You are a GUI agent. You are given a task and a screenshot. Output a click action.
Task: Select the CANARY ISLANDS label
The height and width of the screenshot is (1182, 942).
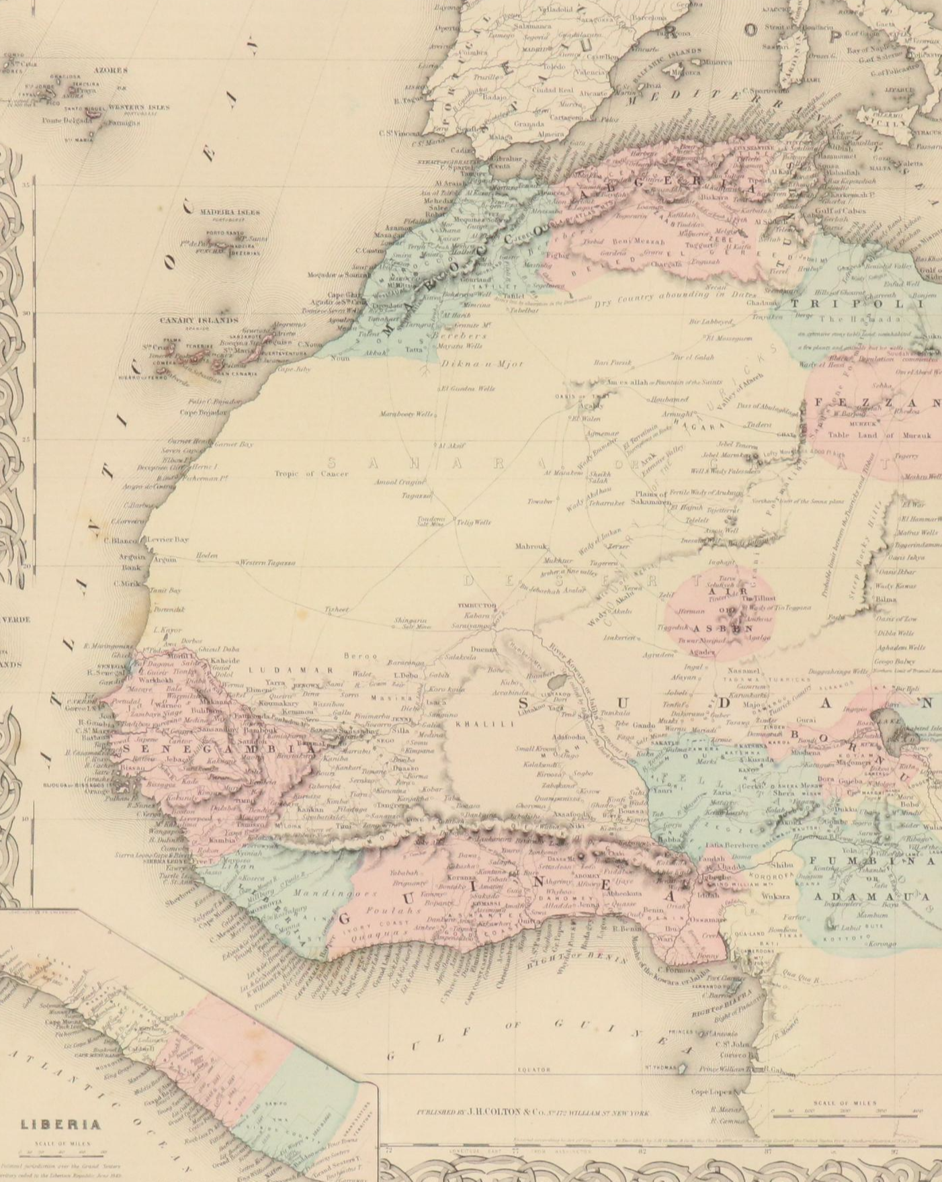[198, 321]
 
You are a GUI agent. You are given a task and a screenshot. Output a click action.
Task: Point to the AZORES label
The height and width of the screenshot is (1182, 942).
[110, 70]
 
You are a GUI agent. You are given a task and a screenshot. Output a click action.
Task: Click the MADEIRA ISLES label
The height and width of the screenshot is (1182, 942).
[230, 212]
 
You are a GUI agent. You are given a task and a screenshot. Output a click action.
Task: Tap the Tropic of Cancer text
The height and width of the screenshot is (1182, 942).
[311, 474]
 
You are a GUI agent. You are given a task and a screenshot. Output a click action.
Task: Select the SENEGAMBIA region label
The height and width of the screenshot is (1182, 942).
[215, 749]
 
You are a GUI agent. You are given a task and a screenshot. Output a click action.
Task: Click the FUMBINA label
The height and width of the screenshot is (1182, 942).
[871, 861]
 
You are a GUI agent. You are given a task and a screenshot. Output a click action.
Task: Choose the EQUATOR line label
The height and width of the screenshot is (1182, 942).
[534, 1069]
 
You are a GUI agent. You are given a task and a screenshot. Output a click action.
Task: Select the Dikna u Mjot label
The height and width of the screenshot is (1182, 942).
[481, 364]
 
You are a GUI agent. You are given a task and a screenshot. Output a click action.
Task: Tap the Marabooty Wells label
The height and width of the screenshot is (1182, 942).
[406, 414]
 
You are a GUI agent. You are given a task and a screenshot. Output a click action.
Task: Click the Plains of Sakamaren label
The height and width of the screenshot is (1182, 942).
[652, 498]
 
